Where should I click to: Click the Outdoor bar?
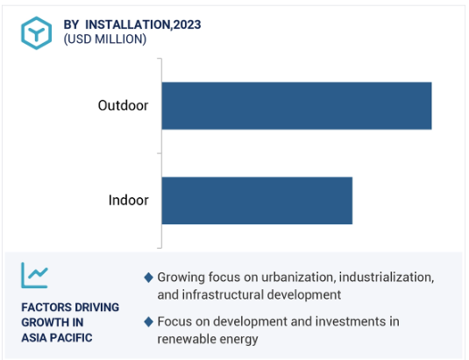coord(296,106)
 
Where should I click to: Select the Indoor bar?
coord(257,201)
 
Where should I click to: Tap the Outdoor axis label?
coord(123,105)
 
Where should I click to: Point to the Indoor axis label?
coord(128,201)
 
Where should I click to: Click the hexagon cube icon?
coord(37,33)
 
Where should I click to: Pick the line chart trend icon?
coord(34,275)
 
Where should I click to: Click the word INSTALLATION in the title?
coord(128,25)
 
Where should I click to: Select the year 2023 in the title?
coord(187,25)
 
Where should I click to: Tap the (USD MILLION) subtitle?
coord(105,39)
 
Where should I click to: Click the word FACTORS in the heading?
coord(44,307)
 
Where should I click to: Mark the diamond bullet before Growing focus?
coord(149,278)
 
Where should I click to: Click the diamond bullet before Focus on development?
coord(149,321)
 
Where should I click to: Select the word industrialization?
coord(387,278)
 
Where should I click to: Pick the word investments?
coord(351,321)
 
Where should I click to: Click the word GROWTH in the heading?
coord(41,322)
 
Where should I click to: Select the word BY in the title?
coord(71,25)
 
